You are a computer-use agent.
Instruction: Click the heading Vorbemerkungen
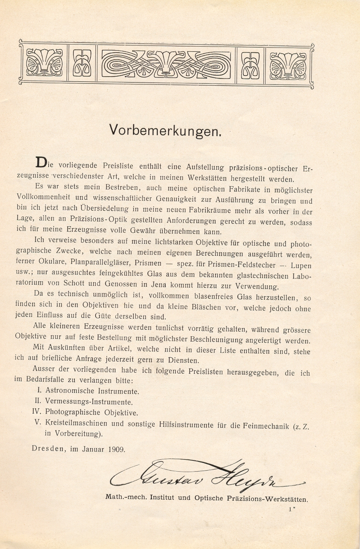tap(165, 130)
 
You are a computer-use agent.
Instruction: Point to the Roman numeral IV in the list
tap(38, 412)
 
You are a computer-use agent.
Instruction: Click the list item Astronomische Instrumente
tap(92, 391)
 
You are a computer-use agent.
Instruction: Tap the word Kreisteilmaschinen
tap(76, 423)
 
